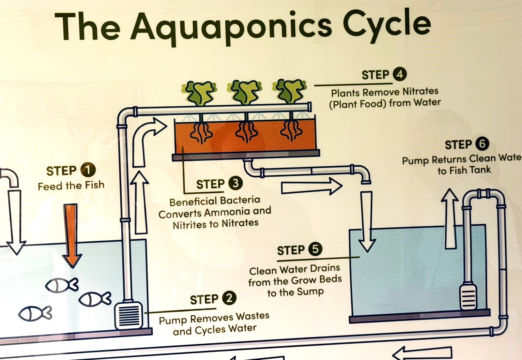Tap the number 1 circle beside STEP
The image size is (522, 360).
(88, 170)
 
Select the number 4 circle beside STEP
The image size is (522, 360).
(400, 74)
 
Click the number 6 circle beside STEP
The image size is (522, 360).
(482, 144)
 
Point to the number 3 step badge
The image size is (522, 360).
(235, 183)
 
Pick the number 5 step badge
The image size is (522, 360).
(315, 249)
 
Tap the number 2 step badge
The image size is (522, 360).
(229, 298)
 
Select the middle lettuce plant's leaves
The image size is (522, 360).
(245, 91)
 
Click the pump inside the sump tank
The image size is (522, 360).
(468, 297)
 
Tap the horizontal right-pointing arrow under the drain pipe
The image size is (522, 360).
(311, 187)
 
